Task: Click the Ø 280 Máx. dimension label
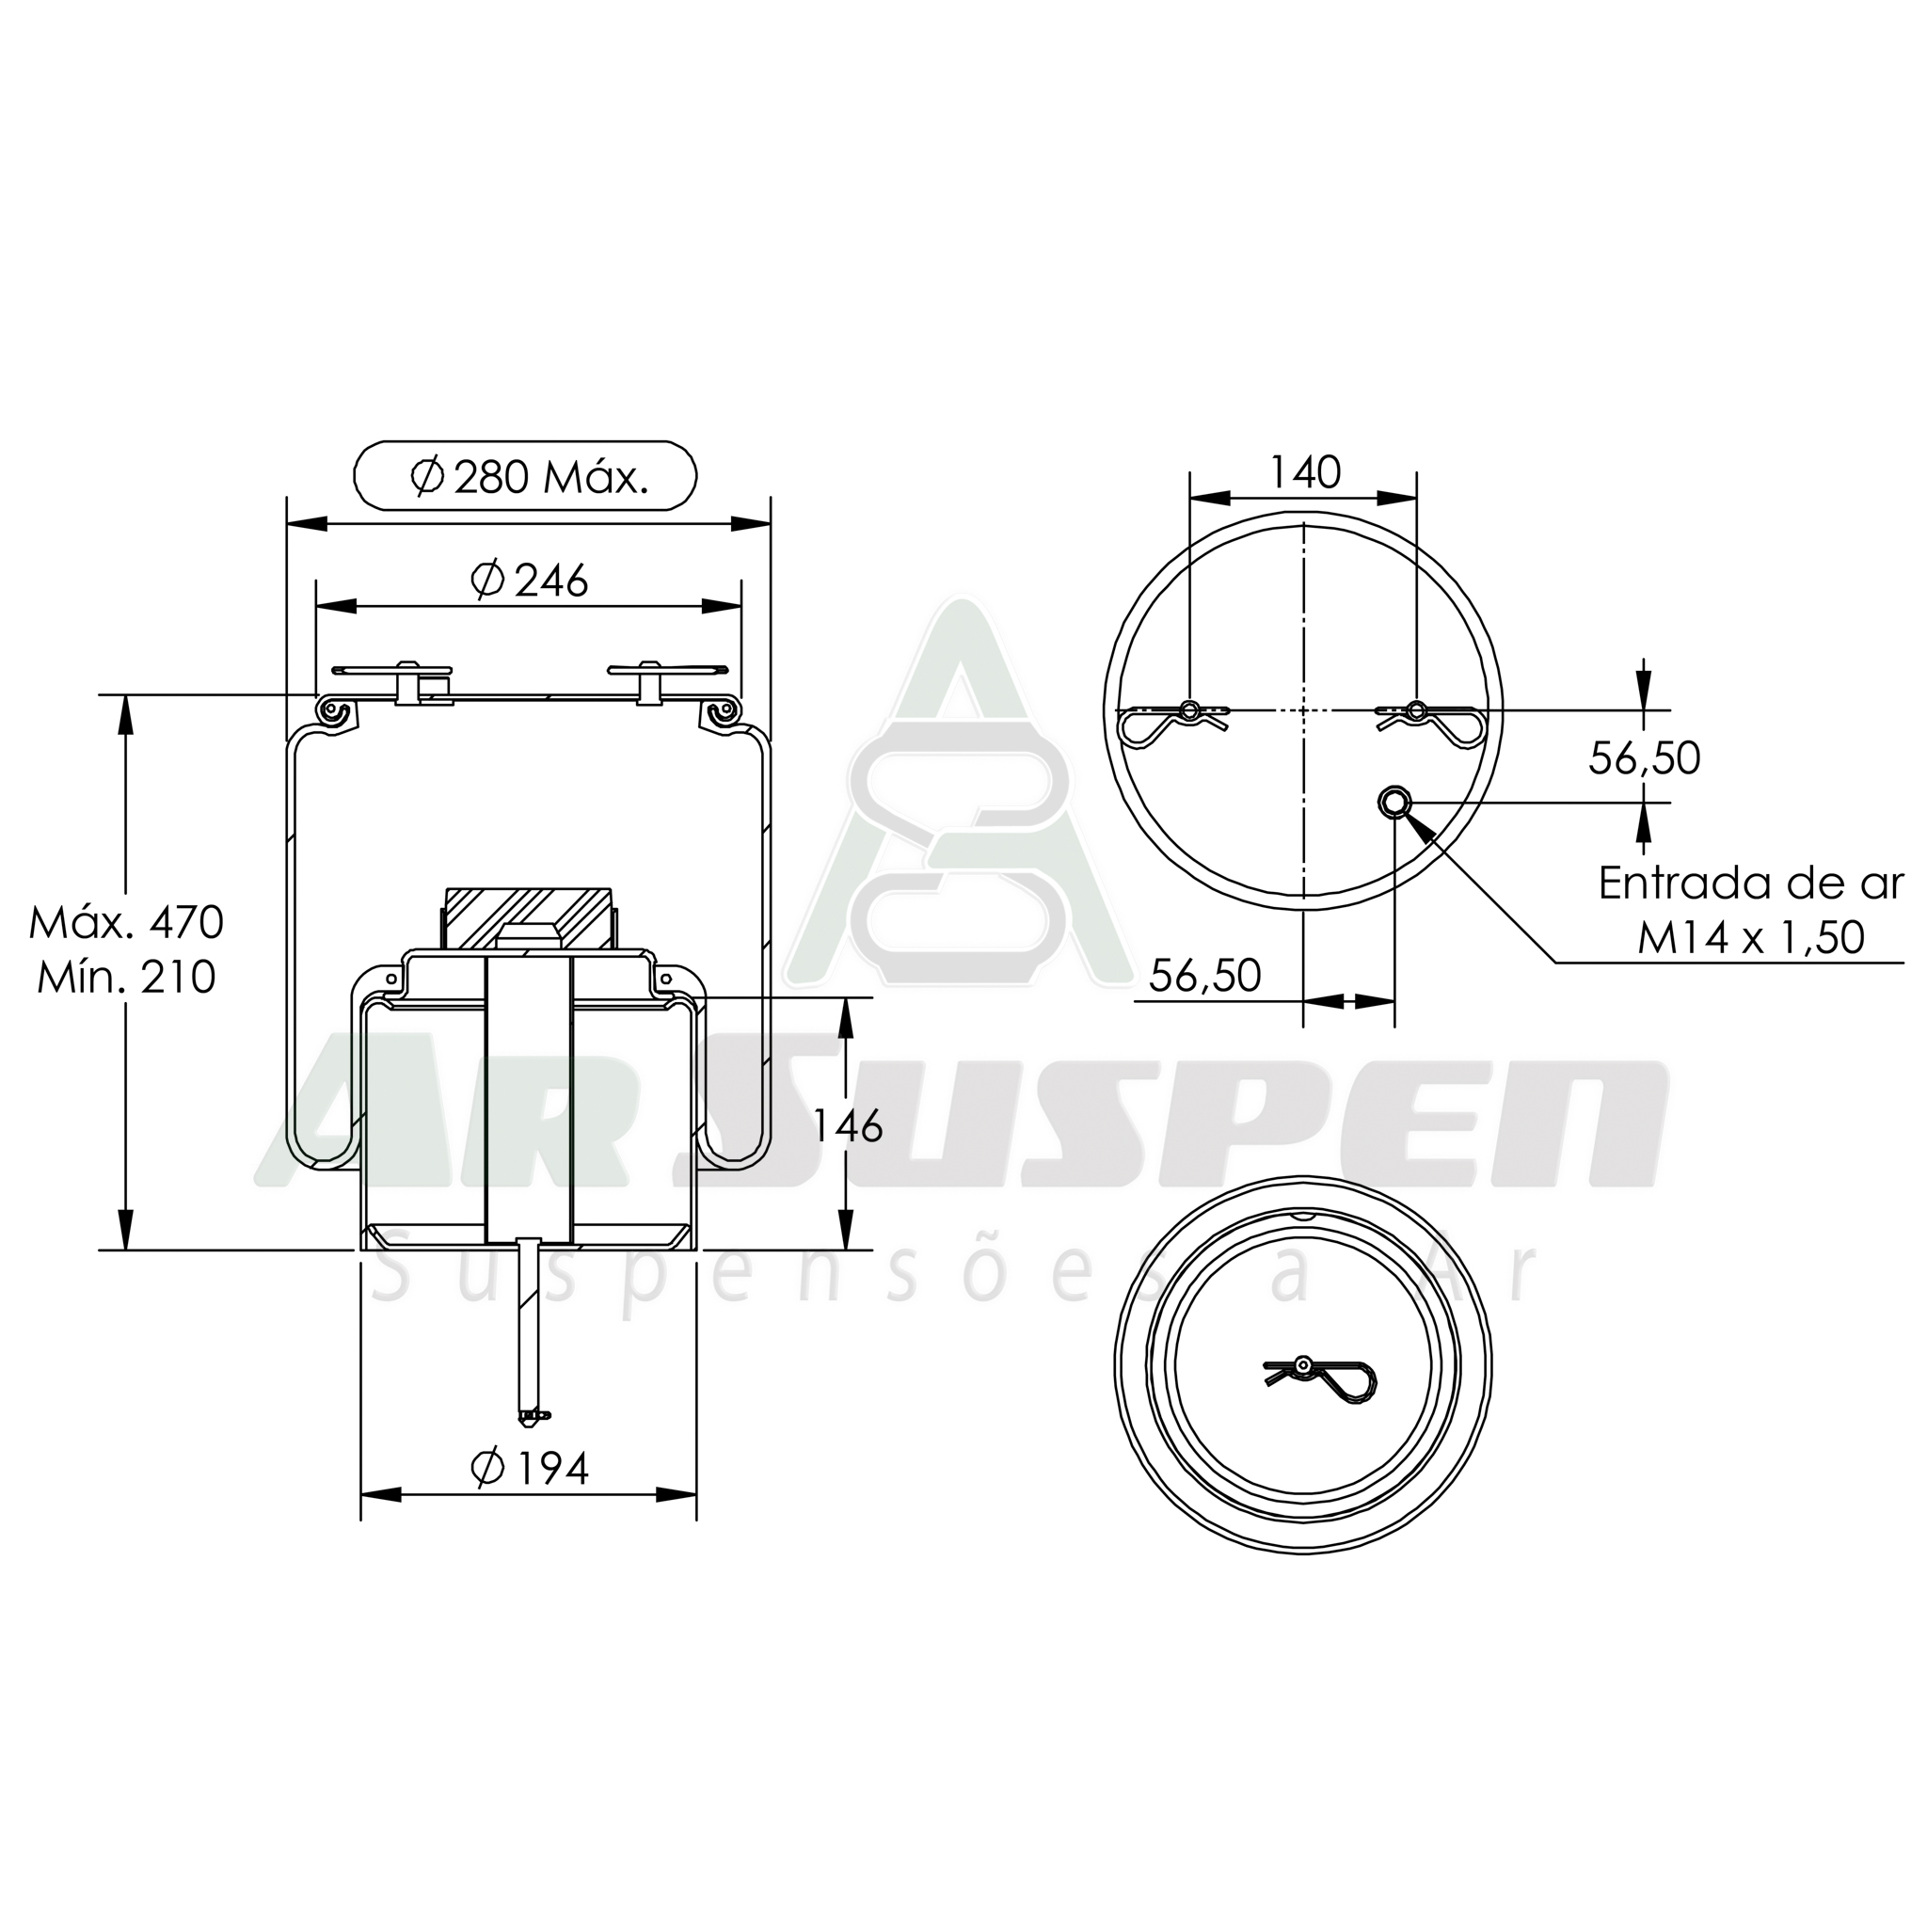pyautogui.click(x=527, y=478)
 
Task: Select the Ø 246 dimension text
pyautogui.click(x=530, y=581)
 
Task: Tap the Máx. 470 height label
pyautogui.click(x=127, y=923)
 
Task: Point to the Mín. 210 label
pyautogui.click(x=127, y=978)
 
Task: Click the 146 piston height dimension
pyautogui.click(x=848, y=1126)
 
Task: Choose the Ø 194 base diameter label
pyautogui.click(x=530, y=1467)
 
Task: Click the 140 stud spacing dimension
pyautogui.click(x=1303, y=472)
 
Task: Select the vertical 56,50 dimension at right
pyautogui.click(x=1644, y=758)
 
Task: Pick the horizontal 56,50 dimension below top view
pyautogui.click(x=1205, y=976)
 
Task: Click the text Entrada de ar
pyautogui.click(x=1750, y=884)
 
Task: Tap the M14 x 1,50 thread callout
pyautogui.click(x=1750, y=938)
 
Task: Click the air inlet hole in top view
pyautogui.click(x=1394, y=801)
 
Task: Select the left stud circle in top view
pyautogui.click(x=1190, y=710)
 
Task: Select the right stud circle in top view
pyautogui.click(x=1416, y=710)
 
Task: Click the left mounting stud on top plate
pyautogui.click(x=406, y=681)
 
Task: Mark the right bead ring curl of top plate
pyautogui.click(x=726, y=709)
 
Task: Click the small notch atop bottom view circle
pyautogui.click(x=1302, y=1215)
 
